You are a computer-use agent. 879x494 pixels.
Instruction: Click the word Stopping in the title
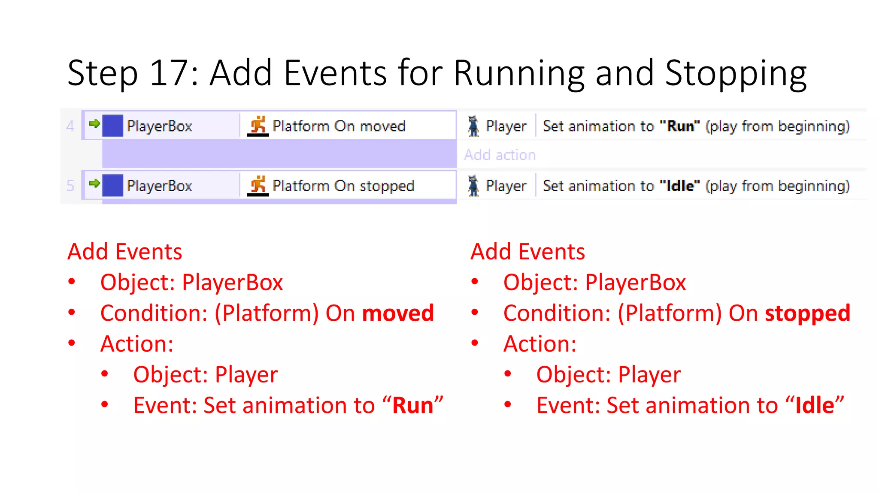point(736,74)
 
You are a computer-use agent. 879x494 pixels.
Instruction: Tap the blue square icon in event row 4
point(113,126)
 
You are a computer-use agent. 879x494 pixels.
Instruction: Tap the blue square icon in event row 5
point(113,185)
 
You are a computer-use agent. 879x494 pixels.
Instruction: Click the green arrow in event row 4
point(94,124)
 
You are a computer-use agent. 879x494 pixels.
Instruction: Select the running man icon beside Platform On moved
point(258,126)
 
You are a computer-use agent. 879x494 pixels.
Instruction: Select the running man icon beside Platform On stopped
point(258,185)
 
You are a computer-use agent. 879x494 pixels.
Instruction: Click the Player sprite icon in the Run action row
point(473,126)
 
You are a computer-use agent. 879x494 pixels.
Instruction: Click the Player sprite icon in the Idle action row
point(473,186)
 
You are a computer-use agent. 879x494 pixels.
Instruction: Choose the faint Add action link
point(500,155)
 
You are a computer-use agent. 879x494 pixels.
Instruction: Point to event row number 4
point(70,126)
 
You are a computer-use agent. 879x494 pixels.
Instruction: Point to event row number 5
point(70,186)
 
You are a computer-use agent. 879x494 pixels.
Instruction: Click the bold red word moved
point(398,313)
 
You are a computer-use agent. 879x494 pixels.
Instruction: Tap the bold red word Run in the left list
point(413,405)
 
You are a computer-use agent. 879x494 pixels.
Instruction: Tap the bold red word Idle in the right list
point(815,405)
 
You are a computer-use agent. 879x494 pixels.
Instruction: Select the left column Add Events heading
point(125,252)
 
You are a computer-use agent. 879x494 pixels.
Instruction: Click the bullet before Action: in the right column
point(475,343)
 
